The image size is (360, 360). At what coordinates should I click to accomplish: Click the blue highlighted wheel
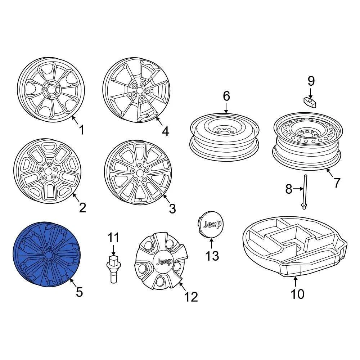(46, 255)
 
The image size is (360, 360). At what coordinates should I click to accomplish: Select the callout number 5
(79, 292)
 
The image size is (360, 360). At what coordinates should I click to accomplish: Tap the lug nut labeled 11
(113, 269)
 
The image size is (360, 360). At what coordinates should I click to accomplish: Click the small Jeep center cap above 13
(211, 224)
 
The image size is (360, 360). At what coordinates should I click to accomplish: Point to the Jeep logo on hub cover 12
(164, 262)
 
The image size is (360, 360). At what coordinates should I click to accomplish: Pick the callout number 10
(297, 294)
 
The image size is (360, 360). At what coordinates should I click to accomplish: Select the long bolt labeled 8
(304, 192)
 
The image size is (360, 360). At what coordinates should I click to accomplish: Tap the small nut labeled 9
(310, 102)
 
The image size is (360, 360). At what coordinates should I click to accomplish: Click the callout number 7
(337, 183)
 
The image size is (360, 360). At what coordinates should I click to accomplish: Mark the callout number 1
(81, 130)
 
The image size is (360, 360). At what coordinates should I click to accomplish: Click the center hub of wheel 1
(51, 90)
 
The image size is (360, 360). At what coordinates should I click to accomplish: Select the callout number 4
(165, 131)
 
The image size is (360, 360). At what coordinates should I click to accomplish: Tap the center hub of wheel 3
(139, 173)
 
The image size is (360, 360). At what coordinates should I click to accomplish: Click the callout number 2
(82, 208)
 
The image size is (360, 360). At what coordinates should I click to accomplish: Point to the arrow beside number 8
(298, 189)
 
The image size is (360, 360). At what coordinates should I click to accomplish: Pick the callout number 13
(212, 256)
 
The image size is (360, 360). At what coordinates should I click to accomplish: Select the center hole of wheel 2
(48, 171)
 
